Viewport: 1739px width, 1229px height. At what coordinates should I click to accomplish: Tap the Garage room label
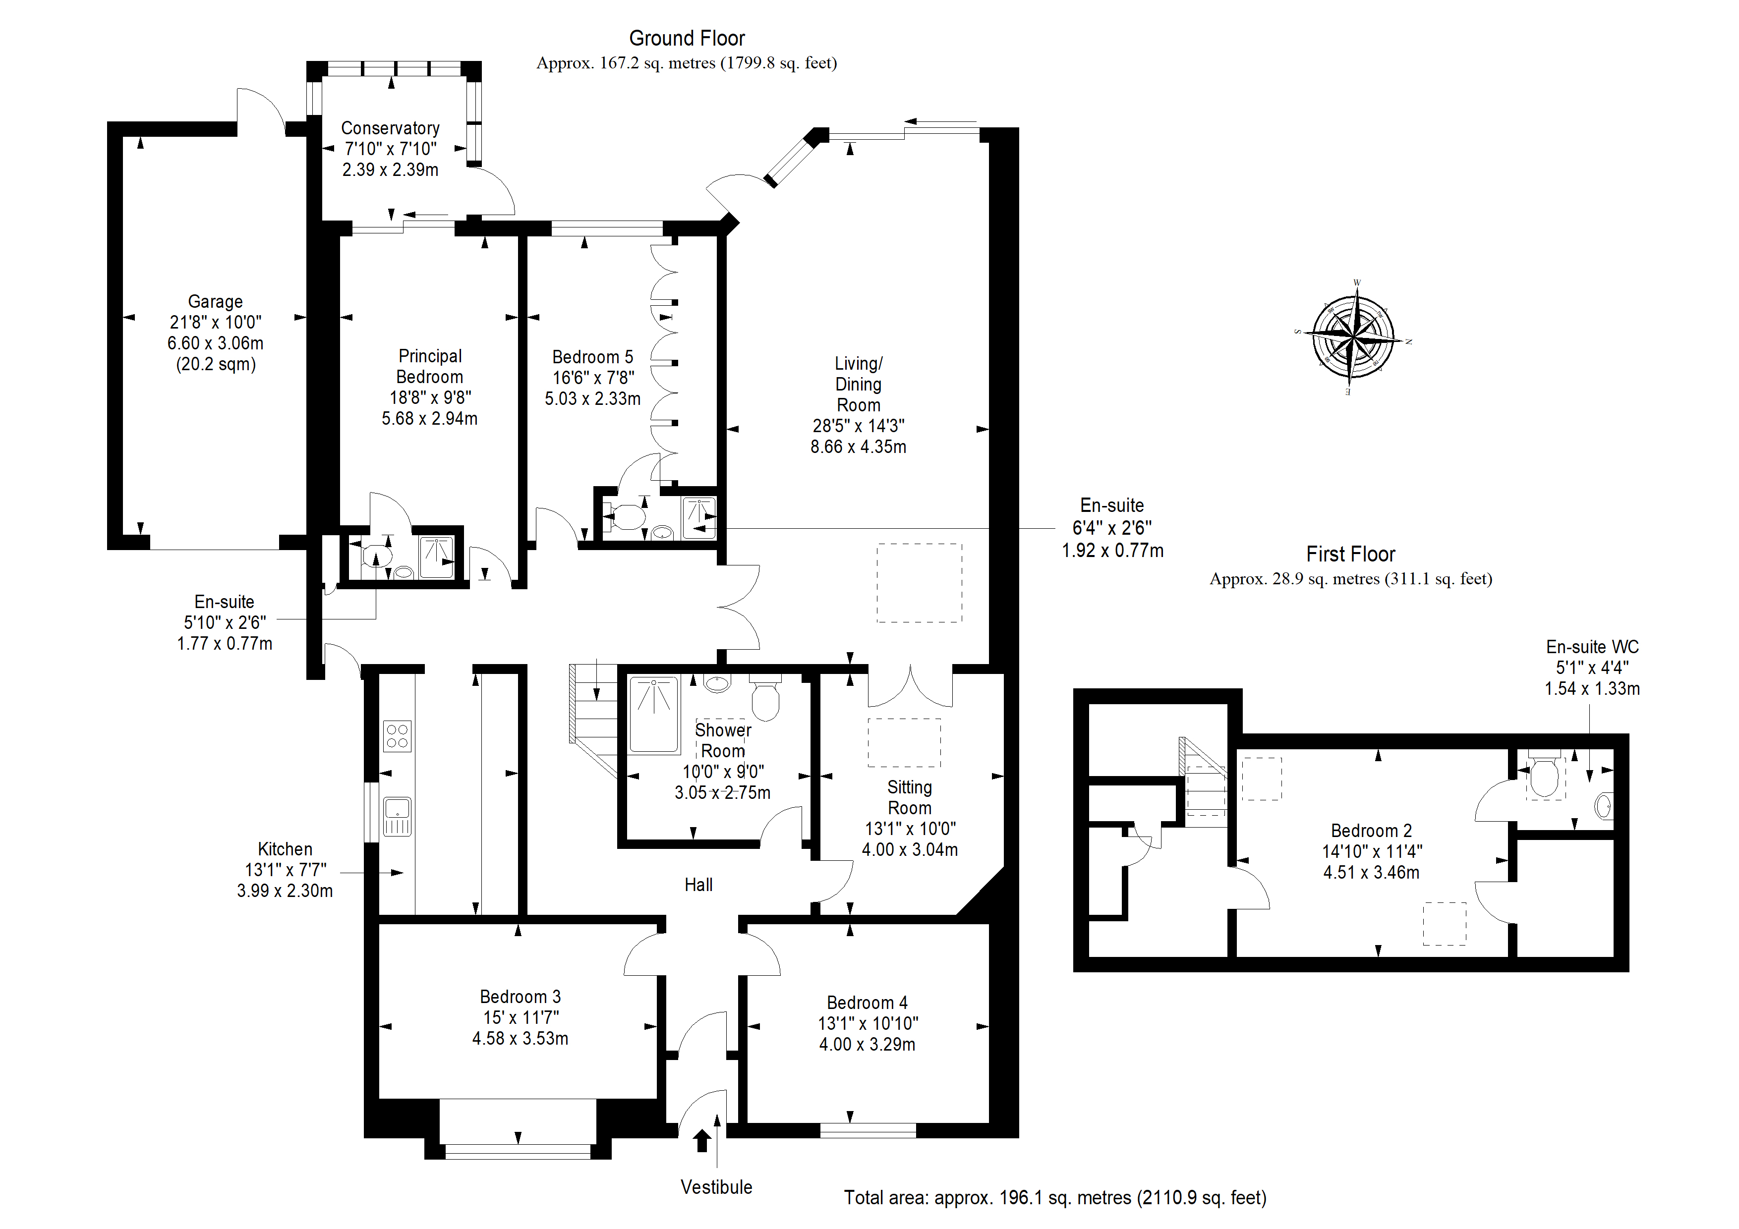tap(215, 301)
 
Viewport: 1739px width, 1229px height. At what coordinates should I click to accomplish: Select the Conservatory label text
tap(390, 128)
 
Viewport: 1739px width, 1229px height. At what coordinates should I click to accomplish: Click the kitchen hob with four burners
tap(398, 735)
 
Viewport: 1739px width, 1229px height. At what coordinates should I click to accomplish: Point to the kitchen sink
tap(398, 816)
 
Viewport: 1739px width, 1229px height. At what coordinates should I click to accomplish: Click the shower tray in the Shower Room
tap(654, 714)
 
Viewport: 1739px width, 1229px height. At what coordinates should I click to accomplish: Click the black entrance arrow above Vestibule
tap(702, 1140)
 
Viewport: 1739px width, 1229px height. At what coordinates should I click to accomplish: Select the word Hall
tap(698, 885)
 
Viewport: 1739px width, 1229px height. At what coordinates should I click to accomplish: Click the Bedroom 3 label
tap(521, 997)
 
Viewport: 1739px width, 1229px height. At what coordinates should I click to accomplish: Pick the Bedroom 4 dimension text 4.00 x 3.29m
tap(867, 1044)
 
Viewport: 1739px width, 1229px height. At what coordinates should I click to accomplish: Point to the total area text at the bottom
tap(1055, 1197)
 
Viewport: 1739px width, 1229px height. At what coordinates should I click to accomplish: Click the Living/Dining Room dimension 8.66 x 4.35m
tap(858, 447)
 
